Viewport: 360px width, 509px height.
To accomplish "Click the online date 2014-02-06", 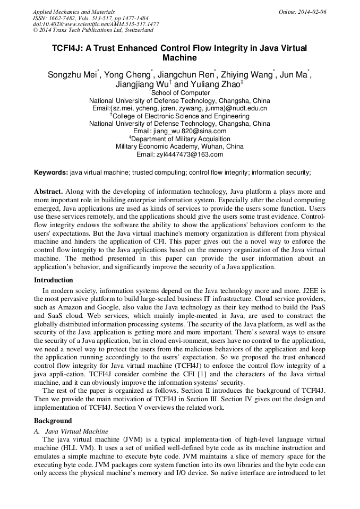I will click(312, 11).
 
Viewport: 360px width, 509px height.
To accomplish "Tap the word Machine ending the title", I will click(179, 58).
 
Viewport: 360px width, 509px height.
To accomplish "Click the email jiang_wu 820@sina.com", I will click(179, 131).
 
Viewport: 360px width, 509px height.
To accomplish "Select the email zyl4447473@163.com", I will click(179, 154).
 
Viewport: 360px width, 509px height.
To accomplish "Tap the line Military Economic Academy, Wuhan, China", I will click(179, 146).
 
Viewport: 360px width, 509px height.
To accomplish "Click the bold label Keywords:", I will click(51, 172).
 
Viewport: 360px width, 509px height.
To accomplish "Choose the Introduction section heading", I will click(54, 280).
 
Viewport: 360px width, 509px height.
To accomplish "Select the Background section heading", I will click(53, 420).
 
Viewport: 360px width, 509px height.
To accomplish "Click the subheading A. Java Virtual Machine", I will click(71, 431).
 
